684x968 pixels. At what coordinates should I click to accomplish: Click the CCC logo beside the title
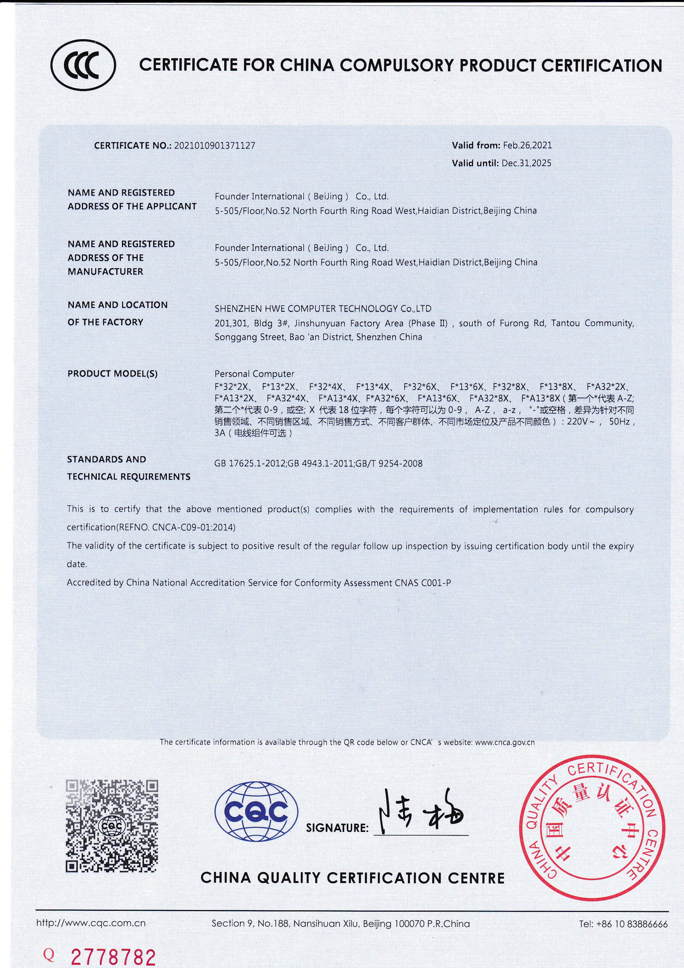click(83, 66)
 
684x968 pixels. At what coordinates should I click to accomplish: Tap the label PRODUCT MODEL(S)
click(113, 373)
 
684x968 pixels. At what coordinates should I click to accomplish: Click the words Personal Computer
click(254, 373)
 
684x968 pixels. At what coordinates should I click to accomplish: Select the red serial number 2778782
click(113, 956)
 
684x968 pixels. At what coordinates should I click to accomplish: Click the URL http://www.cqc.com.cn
click(91, 923)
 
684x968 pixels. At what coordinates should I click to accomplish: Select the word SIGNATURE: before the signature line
click(337, 827)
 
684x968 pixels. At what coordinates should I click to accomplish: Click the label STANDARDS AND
click(106, 459)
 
